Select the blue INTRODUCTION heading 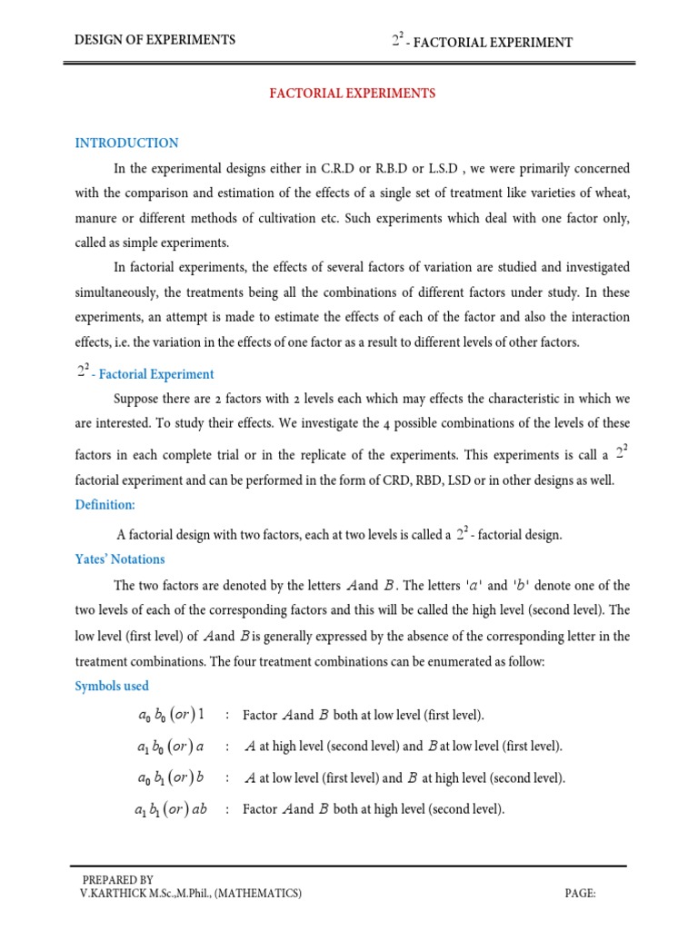[x=126, y=143]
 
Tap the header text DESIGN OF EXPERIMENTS [x=155, y=40]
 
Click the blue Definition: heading [x=105, y=505]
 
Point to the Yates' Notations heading [x=120, y=559]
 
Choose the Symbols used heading [x=112, y=687]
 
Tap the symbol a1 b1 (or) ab [x=170, y=809]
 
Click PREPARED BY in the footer [x=117, y=880]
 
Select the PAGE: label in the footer [x=580, y=895]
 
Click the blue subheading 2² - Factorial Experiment [x=145, y=373]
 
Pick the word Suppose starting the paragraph [x=135, y=400]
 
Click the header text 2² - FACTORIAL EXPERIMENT [x=482, y=41]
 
